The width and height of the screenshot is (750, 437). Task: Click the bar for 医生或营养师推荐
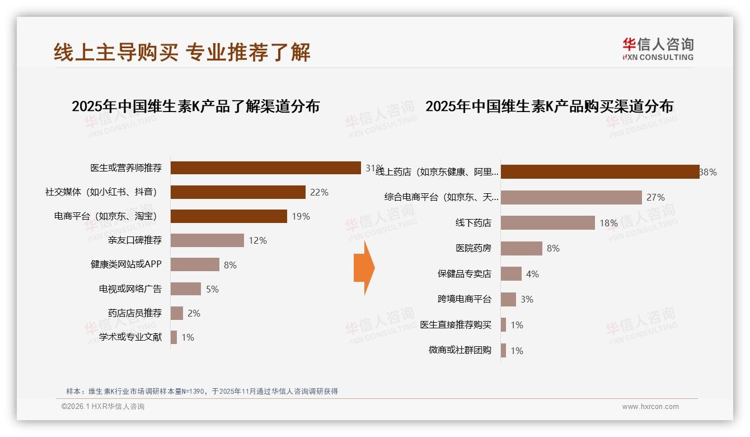pos(265,168)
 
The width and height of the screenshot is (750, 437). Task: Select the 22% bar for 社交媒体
pos(238,192)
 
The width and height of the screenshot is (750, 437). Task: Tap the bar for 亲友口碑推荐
pos(207,240)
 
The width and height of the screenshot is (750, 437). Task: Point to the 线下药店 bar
pos(547,223)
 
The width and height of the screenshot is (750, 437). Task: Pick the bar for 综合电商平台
pos(571,197)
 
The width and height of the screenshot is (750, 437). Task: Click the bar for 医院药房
pos(521,248)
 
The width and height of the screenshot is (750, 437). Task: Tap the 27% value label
pos(655,197)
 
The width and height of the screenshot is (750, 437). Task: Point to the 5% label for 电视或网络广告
pos(212,289)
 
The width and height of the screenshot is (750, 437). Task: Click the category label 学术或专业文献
pos(130,337)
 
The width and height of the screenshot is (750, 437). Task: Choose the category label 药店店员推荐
pos(134,313)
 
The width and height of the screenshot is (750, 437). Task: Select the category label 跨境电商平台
pos(464,299)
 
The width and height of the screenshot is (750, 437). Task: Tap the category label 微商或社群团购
pos(460,350)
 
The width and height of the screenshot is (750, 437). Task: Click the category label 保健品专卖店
pos(464,274)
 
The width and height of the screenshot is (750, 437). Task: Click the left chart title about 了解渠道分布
pos(195,106)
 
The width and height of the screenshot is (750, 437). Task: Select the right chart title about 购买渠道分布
pos(549,106)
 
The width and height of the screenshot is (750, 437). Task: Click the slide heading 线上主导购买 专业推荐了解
pos(182,52)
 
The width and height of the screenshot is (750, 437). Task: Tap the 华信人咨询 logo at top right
pos(658,49)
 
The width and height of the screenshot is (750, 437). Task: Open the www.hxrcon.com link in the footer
pos(650,407)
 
